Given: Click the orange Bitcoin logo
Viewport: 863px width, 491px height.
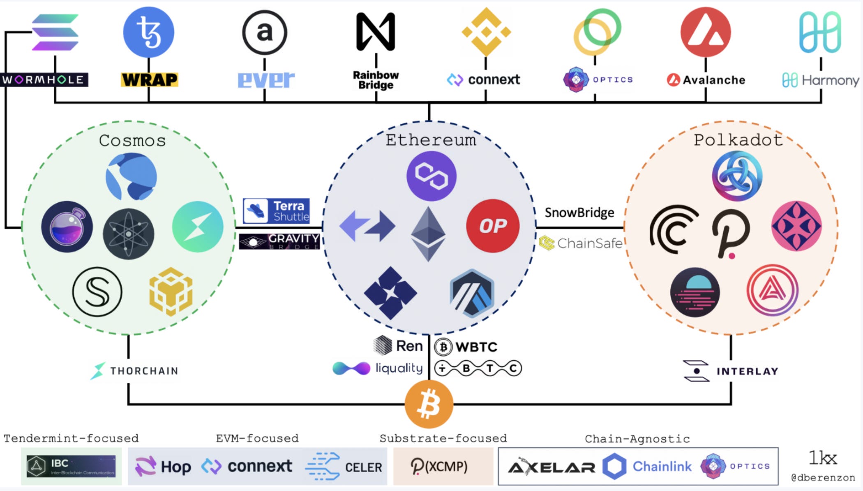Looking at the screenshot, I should pos(429,404).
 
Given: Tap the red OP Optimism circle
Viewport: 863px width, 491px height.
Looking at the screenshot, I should pos(493,226).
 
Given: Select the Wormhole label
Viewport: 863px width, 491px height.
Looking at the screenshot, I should pos(44,79).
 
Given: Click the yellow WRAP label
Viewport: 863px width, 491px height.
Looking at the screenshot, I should pos(150,79).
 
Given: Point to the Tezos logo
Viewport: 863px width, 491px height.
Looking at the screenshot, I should pos(149,32).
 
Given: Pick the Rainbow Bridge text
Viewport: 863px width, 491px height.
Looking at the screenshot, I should pos(376,80).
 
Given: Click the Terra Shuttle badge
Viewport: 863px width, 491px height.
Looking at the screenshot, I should pos(276,211).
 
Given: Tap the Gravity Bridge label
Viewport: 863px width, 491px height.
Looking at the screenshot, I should pos(279,241).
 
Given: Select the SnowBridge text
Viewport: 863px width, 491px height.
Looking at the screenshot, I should pos(579,213).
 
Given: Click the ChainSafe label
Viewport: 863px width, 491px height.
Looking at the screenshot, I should pos(581,243).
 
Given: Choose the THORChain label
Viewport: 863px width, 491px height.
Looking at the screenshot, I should pos(135,371).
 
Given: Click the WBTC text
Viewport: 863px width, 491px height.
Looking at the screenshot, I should pos(466,347).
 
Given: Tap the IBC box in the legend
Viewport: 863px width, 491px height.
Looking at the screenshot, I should pos(71,466).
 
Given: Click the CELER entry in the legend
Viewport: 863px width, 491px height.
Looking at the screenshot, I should pos(344,466).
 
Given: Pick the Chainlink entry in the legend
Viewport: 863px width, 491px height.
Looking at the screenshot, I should pos(647,466).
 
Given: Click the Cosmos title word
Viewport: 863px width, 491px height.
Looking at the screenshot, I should pos(132,141).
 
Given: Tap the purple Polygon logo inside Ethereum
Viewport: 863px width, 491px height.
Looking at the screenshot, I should pos(431,176).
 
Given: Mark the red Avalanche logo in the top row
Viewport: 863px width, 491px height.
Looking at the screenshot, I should pos(706,32).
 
